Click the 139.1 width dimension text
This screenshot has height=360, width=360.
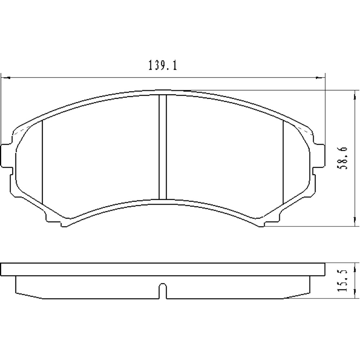tap(162, 66)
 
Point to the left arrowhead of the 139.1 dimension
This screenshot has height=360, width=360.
tap(5, 77)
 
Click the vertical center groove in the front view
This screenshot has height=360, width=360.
tap(163, 147)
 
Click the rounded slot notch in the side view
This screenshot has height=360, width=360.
tap(163, 290)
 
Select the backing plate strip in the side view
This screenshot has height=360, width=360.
tap(163, 269)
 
